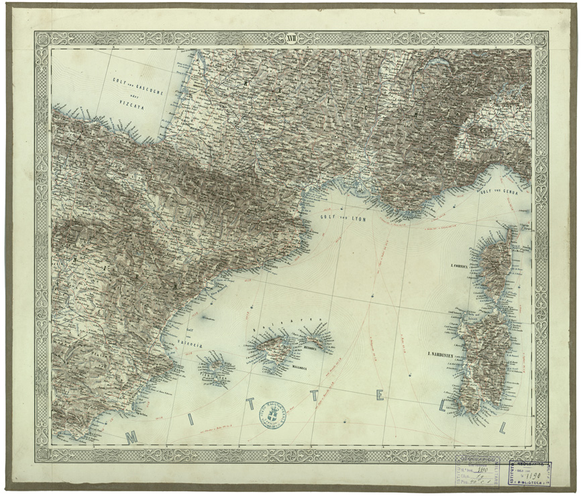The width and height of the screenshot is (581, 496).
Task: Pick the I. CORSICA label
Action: (x=464, y=266)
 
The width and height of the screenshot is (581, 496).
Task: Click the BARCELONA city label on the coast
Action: (x=270, y=265)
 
